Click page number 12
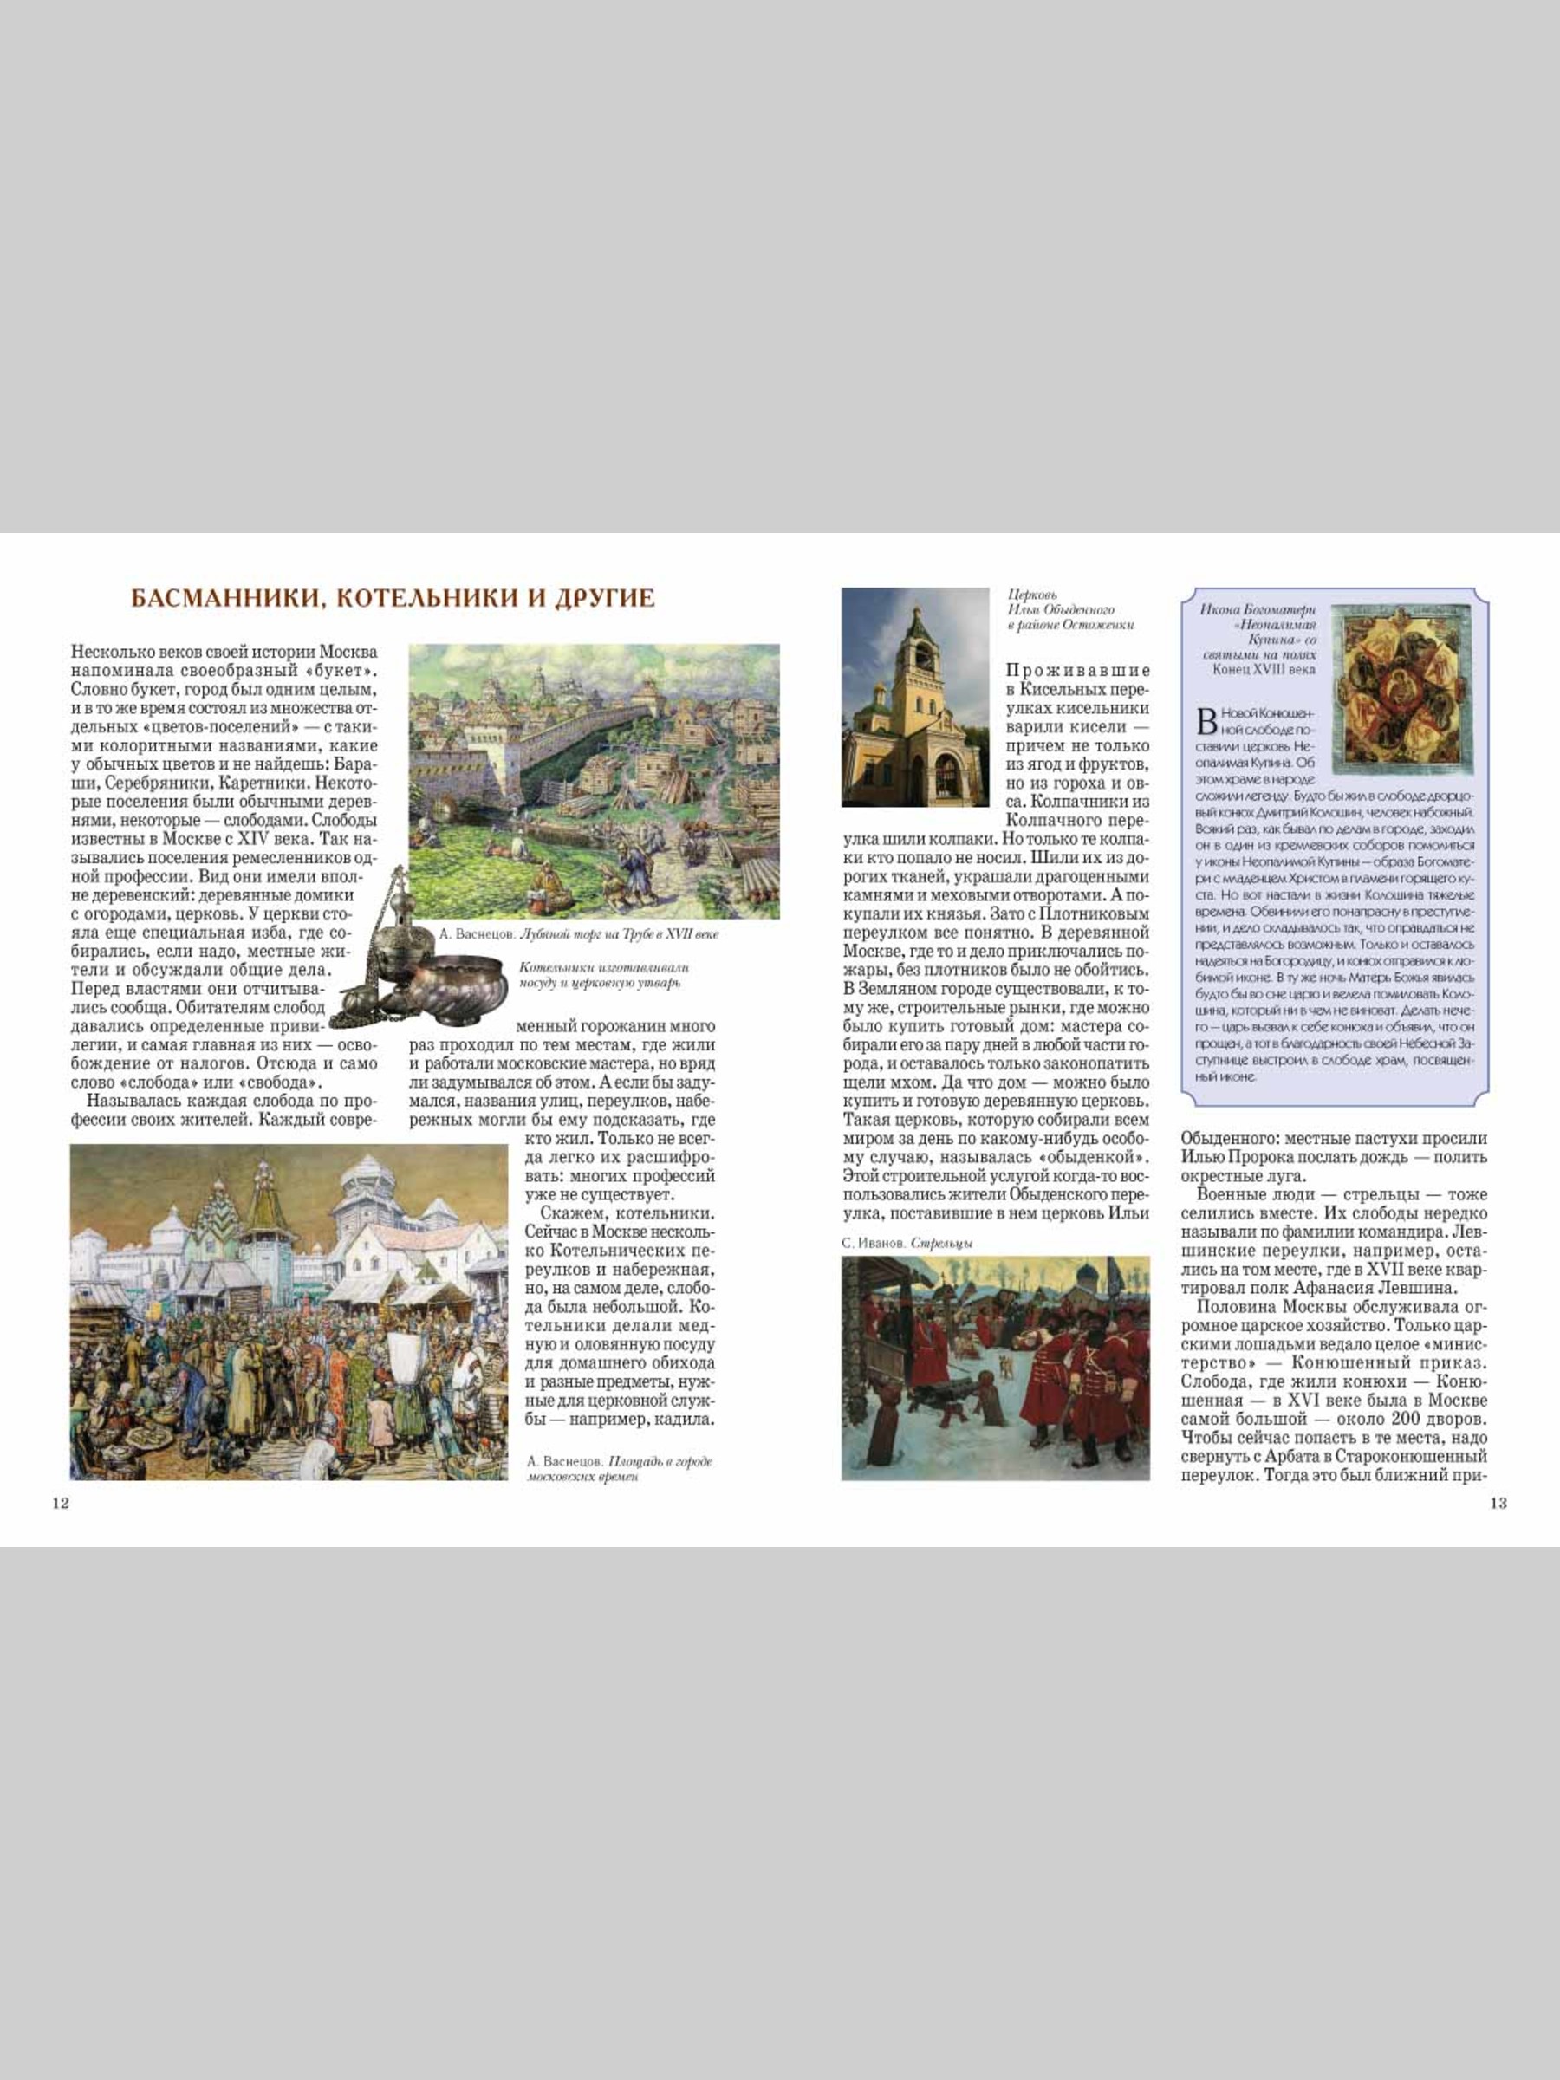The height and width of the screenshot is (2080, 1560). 60,1503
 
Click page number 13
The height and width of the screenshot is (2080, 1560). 1498,1503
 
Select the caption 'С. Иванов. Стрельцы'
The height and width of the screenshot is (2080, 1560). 907,1243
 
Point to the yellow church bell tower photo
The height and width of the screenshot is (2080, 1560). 914,697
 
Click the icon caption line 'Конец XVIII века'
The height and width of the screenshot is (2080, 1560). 1264,670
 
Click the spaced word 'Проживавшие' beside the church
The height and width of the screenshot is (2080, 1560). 1076,671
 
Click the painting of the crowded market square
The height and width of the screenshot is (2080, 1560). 289,1312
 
